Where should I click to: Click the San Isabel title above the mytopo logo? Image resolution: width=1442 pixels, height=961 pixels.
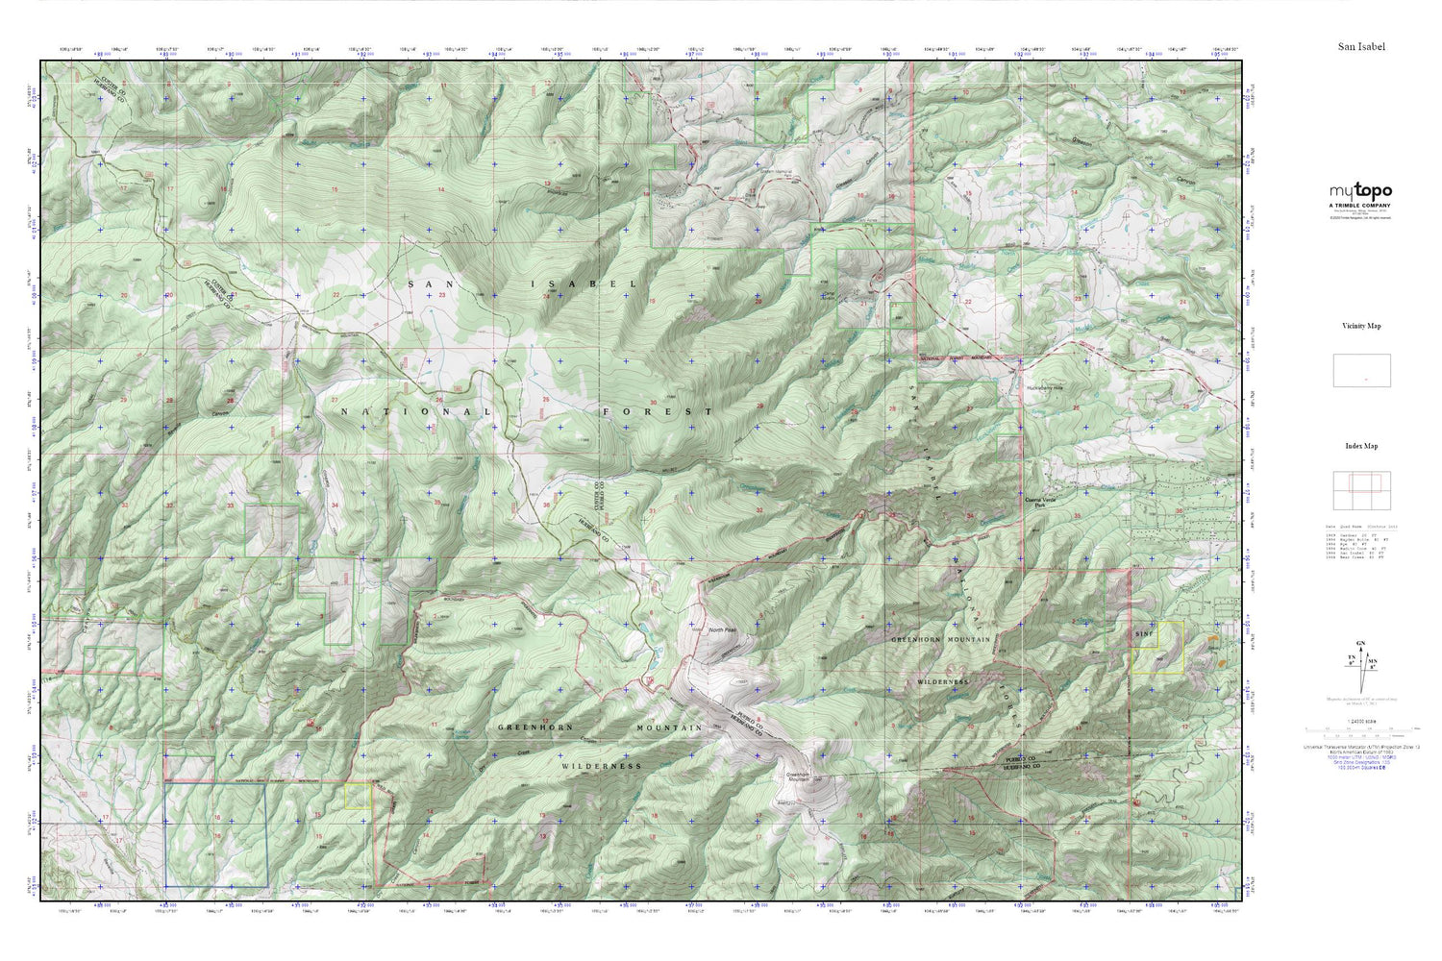click(x=1361, y=46)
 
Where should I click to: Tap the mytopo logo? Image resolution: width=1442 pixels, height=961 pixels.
click(x=1360, y=192)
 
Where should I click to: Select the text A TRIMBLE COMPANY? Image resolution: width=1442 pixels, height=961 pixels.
click(x=1360, y=206)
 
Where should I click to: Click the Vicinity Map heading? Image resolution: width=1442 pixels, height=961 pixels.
click(x=1361, y=327)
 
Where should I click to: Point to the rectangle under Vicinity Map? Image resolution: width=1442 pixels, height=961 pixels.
click(x=1361, y=371)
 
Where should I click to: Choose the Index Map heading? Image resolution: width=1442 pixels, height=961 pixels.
click(x=1361, y=447)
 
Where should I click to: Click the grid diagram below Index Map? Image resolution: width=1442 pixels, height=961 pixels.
click(x=1361, y=491)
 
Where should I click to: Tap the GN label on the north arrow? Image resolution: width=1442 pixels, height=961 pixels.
click(x=1359, y=643)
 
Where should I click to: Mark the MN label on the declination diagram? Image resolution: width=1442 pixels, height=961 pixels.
click(x=1375, y=661)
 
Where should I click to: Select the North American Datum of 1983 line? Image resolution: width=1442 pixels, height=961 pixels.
click(x=1360, y=752)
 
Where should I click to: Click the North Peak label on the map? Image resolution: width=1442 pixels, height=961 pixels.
click(x=722, y=630)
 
